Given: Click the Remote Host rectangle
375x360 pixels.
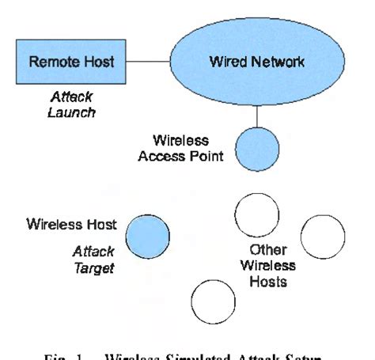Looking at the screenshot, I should (x=61, y=60).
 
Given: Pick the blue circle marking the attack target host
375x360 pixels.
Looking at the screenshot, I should (x=148, y=236).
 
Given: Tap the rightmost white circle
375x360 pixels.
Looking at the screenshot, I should (x=323, y=236).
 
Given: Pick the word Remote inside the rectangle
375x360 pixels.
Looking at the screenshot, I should (x=47, y=61).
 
